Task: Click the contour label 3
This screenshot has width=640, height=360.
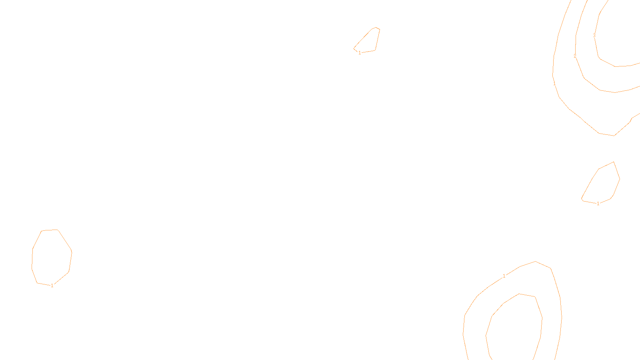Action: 594,36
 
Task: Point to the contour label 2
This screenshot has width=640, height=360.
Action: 575,56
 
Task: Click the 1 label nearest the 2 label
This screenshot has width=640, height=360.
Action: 554,84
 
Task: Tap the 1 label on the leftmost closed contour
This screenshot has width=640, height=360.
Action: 52,286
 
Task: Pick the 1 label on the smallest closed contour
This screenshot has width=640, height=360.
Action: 360,53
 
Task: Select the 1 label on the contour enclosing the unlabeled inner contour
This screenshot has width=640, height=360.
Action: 504,276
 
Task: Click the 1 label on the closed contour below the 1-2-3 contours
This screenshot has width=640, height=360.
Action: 598,204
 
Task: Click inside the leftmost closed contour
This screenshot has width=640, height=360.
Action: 51,256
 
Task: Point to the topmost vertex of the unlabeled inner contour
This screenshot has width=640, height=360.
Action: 519,294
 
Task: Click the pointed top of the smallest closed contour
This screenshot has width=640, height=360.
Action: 376,27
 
